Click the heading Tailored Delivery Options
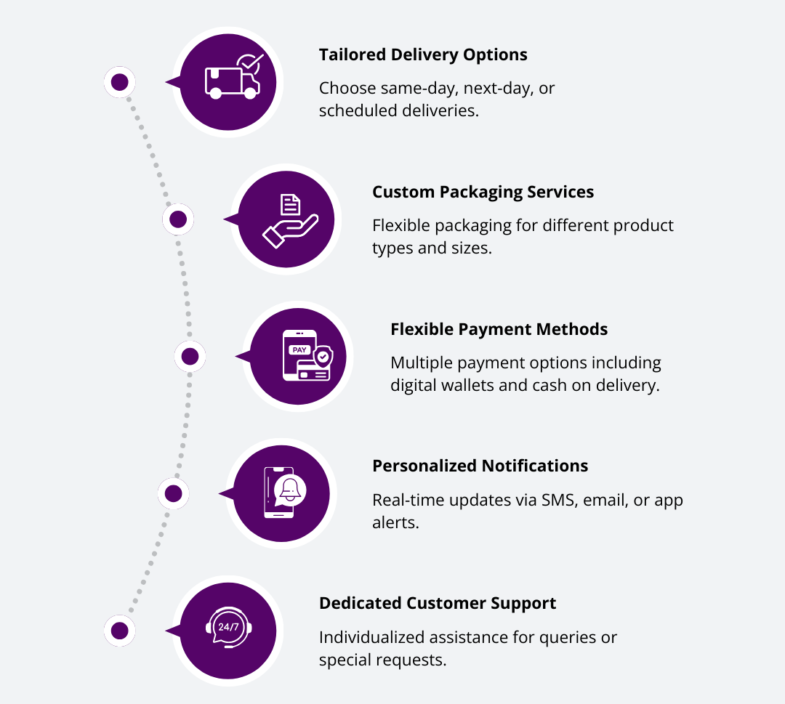(x=423, y=54)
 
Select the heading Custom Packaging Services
(x=483, y=192)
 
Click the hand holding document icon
(x=286, y=219)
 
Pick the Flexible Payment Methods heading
(x=499, y=329)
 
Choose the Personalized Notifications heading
(x=480, y=466)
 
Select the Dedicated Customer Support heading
(x=438, y=603)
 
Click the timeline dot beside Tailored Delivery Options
(x=120, y=82)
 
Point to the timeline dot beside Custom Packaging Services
(x=178, y=219)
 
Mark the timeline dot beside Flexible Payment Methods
(x=190, y=356)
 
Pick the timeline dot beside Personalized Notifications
(x=173, y=493)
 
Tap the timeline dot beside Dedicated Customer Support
(x=120, y=630)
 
